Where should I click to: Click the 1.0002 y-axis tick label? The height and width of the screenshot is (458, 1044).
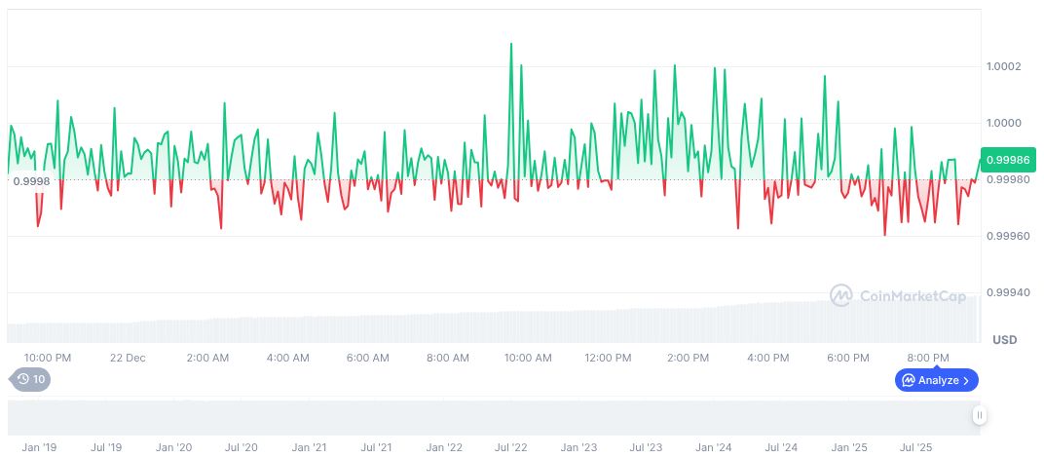click(x=1002, y=66)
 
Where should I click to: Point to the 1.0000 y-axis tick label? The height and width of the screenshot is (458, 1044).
click(x=1002, y=123)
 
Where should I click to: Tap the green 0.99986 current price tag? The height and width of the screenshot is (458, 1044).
click(x=1005, y=160)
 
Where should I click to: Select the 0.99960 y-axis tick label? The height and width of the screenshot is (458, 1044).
click(x=1005, y=236)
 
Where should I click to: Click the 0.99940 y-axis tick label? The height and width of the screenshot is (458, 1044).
click(x=1005, y=292)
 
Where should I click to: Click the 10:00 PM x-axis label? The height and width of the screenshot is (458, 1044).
click(x=48, y=358)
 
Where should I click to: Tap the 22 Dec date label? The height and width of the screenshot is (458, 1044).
click(x=128, y=358)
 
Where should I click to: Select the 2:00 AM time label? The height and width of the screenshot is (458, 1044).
click(x=208, y=358)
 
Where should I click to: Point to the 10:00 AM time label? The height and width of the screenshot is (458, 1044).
click(x=528, y=358)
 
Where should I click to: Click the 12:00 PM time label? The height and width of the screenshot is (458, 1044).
click(x=608, y=358)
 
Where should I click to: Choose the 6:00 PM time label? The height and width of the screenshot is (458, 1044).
click(x=847, y=358)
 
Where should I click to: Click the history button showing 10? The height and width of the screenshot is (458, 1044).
click(x=30, y=379)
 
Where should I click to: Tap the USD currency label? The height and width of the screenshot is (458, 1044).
click(x=1004, y=340)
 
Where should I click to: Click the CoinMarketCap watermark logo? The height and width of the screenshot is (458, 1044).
click(x=897, y=295)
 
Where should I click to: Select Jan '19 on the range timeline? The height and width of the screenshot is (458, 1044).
click(x=39, y=447)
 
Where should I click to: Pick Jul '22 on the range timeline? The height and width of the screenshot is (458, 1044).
click(x=510, y=447)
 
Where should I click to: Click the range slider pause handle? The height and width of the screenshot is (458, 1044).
click(x=979, y=415)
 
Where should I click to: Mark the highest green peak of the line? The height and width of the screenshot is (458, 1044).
click(x=511, y=44)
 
